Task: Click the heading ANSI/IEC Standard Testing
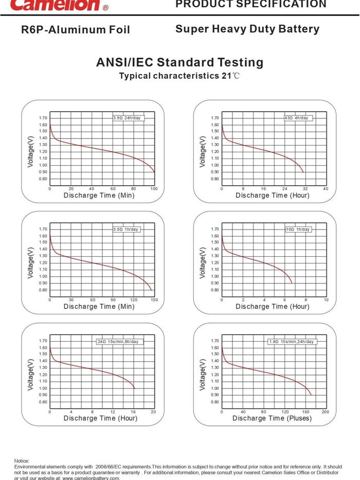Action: click(179, 63)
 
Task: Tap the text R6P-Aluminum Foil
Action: click(76, 30)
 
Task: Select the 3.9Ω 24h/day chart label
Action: click(126, 118)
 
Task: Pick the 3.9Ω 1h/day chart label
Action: click(126, 229)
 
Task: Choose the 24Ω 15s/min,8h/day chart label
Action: click(118, 342)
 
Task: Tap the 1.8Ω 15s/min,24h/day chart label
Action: click(292, 342)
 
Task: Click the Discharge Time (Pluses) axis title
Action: click(272, 418)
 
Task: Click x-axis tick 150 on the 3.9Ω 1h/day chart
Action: click(154, 299)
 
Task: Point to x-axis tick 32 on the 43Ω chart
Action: click(305, 189)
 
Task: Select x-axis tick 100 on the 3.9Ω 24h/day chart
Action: click(154, 189)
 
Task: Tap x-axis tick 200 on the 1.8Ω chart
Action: click(325, 412)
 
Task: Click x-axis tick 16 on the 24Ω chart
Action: click(134, 412)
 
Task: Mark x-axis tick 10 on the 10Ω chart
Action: click(326, 299)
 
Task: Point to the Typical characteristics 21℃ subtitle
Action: click(179, 76)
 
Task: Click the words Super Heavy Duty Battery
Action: click(247, 29)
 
